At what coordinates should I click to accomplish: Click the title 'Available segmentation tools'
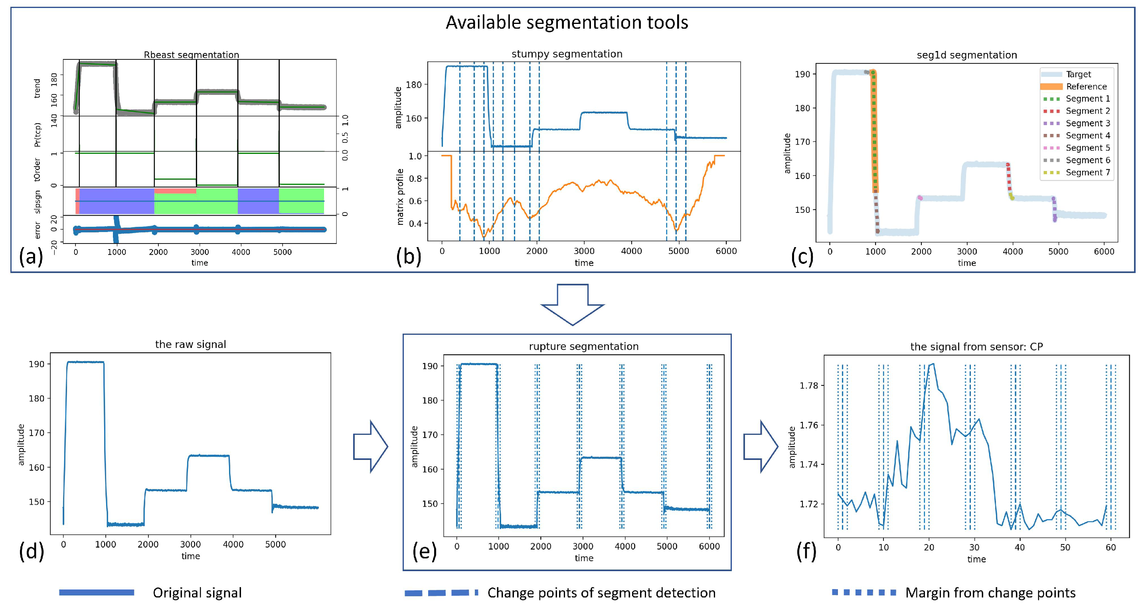click(x=567, y=22)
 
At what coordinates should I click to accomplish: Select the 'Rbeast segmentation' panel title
click(x=191, y=55)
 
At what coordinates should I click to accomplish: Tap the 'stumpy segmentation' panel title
click(x=567, y=54)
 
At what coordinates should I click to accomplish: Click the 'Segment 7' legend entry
click(x=1087, y=172)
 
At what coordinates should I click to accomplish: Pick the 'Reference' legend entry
click(x=1086, y=86)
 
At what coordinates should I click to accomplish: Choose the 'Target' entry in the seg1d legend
click(x=1078, y=74)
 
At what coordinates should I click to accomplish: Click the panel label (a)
click(x=31, y=256)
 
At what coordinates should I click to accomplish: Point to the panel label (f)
click(x=806, y=551)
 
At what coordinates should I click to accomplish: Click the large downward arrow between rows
click(x=572, y=305)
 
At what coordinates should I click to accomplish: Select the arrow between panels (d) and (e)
click(x=370, y=446)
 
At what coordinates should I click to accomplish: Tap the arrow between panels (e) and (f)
click(x=760, y=446)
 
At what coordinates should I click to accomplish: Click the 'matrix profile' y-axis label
click(x=400, y=197)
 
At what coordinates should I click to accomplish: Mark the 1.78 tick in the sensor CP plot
click(x=809, y=385)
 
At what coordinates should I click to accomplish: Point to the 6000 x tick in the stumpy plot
click(x=726, y=251)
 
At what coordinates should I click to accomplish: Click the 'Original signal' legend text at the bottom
click(x=197, y=593)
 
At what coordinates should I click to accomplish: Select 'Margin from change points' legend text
click(x=990, y=593)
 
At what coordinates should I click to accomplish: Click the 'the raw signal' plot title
click(x=190, y=344)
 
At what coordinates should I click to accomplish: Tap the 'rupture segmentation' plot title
click(x=583, y=346)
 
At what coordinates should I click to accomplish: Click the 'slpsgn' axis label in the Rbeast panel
click(x=38, y=202)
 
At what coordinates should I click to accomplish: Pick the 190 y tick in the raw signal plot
click(x=37, y=364)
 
